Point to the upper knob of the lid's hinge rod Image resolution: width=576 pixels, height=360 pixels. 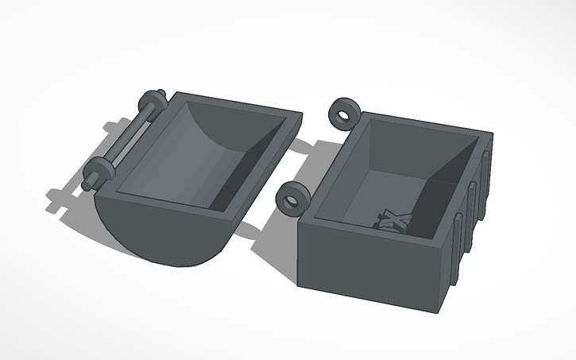152,103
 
